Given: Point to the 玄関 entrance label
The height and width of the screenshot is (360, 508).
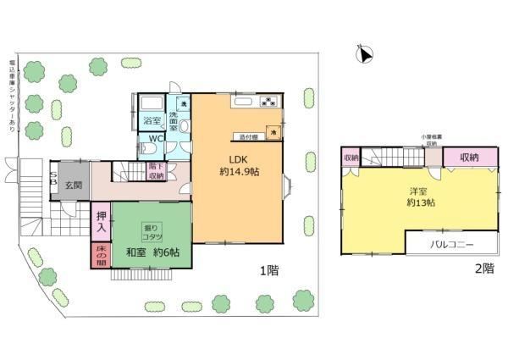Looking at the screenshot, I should (x=74, y=185).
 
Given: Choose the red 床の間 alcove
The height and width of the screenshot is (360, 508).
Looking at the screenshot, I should (x=99, y=254).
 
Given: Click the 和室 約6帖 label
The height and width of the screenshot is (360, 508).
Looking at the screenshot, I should (x=159, y=252).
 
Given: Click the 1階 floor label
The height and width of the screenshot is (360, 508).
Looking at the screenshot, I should (x=269, y=271).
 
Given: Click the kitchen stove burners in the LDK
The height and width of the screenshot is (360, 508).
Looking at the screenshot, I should (x=269, y=103).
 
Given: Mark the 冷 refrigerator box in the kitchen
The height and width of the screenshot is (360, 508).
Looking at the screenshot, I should (x=273, y=133).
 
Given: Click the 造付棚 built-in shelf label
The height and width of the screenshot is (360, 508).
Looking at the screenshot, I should (x=247, y=136).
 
